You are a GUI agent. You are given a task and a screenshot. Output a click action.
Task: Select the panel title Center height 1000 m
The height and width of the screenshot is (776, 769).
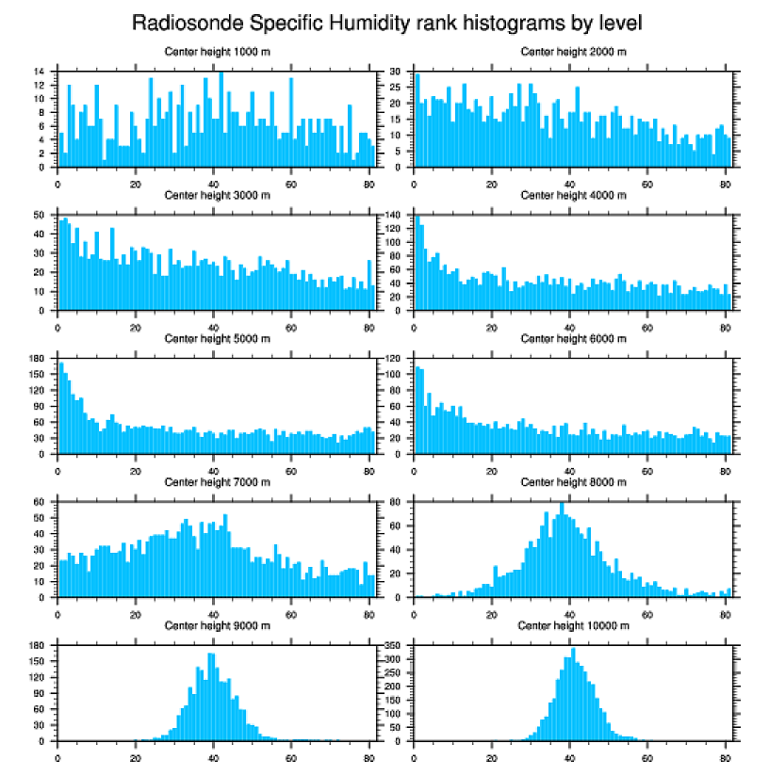pyautogui.click(x=217, y=51)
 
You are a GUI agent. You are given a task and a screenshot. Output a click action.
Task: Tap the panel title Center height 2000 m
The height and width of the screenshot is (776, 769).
pyautogui.click(x=573, y=51)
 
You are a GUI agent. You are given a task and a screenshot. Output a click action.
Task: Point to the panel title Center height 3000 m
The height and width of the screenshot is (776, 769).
pyautogui.click(x=217, y=195)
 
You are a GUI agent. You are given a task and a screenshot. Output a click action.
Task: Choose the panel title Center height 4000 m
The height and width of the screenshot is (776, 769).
pyautogui.click(x=573, y=195)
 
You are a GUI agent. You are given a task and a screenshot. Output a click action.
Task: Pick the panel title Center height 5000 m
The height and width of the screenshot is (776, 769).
pyautogui.click(x=217, y=338)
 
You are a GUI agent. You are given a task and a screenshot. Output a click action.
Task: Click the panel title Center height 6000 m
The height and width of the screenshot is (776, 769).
pyautogui.click(x=573, y=338)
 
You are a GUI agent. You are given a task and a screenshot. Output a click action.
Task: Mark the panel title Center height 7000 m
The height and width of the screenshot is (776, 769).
pyautogui.click(x=217, y=482)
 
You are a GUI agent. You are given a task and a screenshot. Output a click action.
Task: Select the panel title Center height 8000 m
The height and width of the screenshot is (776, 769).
pyautogui.click(x=573, y=482)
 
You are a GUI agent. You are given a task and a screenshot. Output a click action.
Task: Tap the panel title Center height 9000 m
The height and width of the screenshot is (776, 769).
pyautogui.click(x=217, y=625)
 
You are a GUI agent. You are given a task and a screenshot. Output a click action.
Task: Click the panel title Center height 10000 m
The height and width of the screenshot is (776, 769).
pyautogui.click(x=573, y=625)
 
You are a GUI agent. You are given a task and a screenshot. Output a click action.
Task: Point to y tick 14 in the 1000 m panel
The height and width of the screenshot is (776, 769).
pyautogui.click(x=40, y=72)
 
